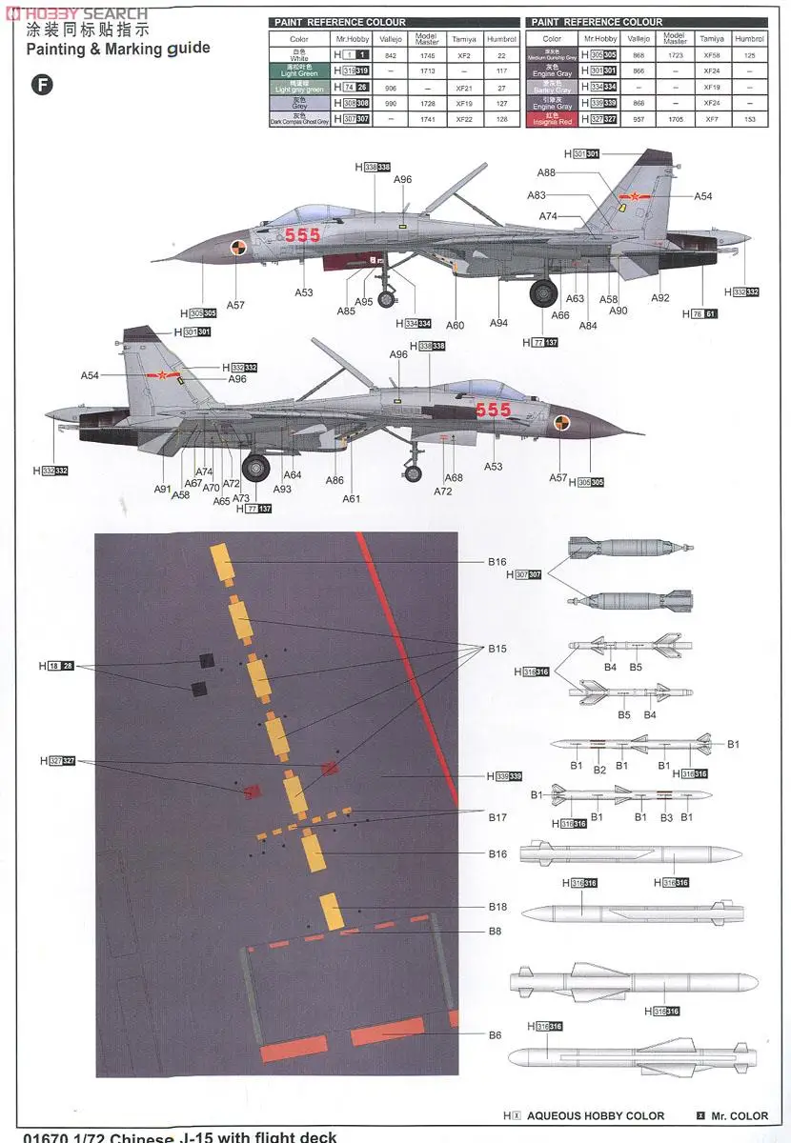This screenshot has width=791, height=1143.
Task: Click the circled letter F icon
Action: (x=43, y=85)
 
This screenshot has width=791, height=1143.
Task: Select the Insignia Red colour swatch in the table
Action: (x=552, y=120)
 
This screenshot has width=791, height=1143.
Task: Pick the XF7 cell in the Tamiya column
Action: (x=711, y=120)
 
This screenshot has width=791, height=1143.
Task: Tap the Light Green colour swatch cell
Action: (x=299, y=71)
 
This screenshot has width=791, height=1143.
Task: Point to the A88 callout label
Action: (x=546, y=173)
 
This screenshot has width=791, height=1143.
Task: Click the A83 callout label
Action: (x=537, y=195)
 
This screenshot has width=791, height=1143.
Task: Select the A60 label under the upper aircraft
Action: (x=456, y=326)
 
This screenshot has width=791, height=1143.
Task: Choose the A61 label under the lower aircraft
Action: (x=352, y=498)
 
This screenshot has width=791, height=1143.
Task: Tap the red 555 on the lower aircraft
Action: (x=493, y=410)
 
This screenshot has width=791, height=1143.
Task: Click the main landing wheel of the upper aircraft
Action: (x=543, y=292)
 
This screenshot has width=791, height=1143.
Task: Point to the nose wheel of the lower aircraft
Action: (x=413, y=472)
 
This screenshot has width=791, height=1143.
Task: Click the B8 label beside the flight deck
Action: (x=496, y=932)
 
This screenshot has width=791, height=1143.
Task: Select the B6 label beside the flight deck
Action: (x=496, y=1035)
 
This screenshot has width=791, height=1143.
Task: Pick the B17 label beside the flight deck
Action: (x=497, y=817)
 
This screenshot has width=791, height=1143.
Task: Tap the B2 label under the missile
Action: (x=599, y=770)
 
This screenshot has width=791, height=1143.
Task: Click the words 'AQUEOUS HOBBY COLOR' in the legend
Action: (x=596, y=1115)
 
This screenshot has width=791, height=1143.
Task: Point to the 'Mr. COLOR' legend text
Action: (x=740, y=1115)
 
